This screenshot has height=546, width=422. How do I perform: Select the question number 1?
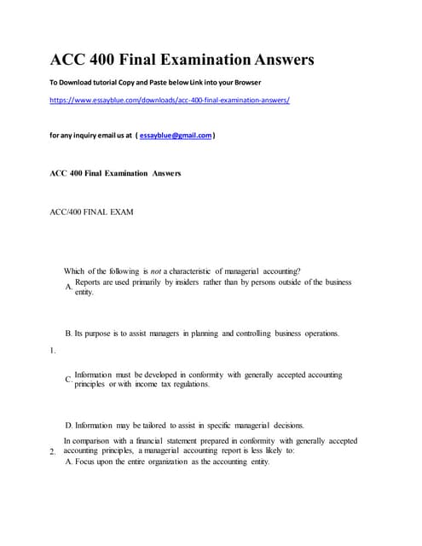coord(52,350)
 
